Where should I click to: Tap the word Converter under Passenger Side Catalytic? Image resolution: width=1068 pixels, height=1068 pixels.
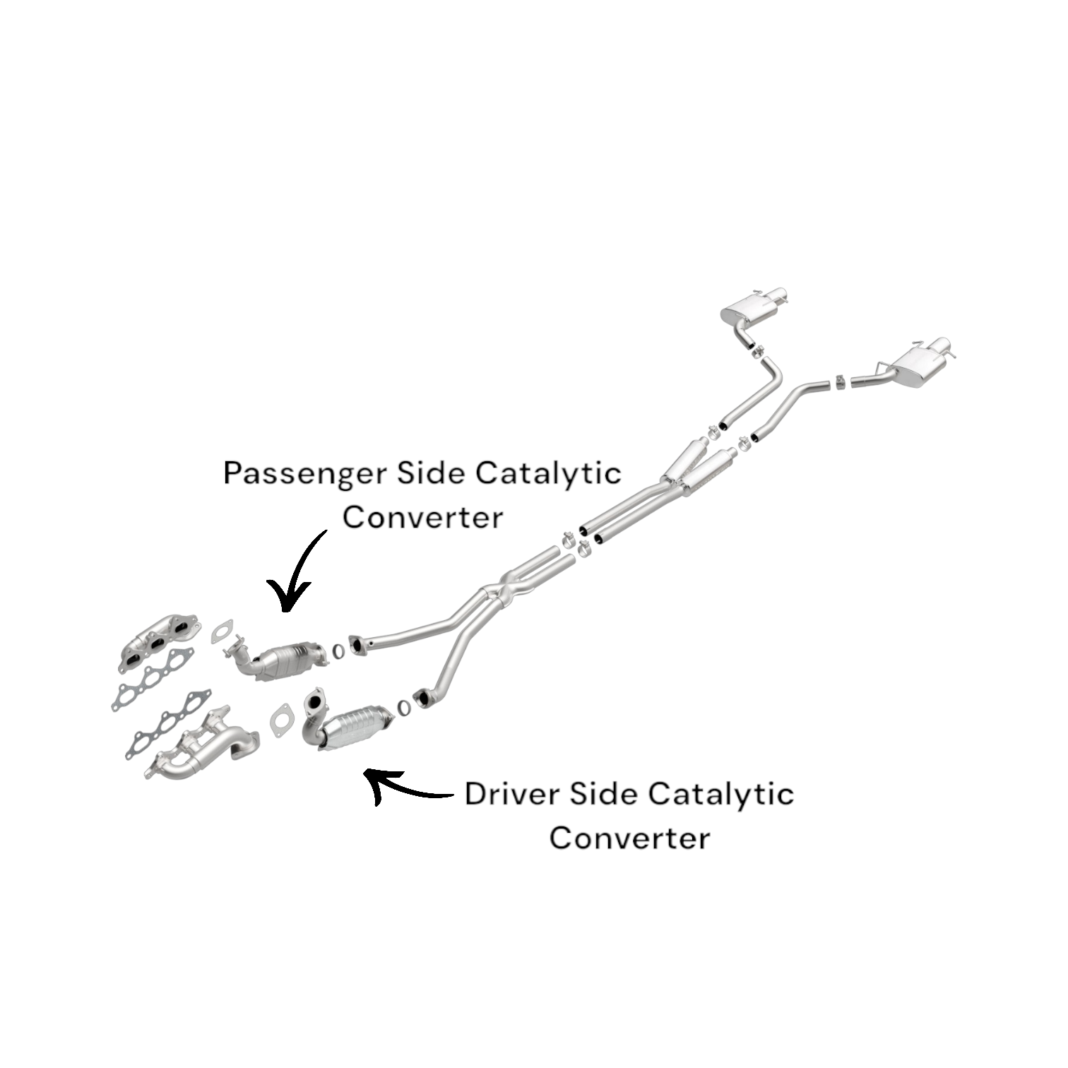422,516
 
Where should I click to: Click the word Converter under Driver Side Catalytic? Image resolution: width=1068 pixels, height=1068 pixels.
629,838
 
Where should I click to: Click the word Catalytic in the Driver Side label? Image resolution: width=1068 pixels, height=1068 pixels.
721,795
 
